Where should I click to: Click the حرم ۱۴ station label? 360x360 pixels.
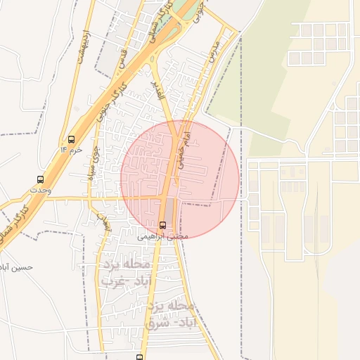[x=72, y=150]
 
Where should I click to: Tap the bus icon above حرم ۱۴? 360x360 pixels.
[x=71, y=139]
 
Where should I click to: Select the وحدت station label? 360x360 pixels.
[x=39, y=190]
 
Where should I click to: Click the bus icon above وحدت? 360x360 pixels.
[x=40, y=179]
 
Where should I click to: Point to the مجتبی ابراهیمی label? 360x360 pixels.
[x=162, y=237]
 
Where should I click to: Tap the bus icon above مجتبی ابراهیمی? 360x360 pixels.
[x=163, y=225]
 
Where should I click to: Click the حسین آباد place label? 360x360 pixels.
[x=16, y=268]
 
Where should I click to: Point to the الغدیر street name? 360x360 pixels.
[x=159, y=89]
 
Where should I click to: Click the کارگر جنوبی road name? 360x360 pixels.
[x=112, y=106]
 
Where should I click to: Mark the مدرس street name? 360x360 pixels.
[x=214, y=45]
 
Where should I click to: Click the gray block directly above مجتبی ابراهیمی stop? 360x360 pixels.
[x=169, y=209]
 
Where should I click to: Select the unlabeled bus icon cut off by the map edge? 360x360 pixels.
[x=140, y=356]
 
